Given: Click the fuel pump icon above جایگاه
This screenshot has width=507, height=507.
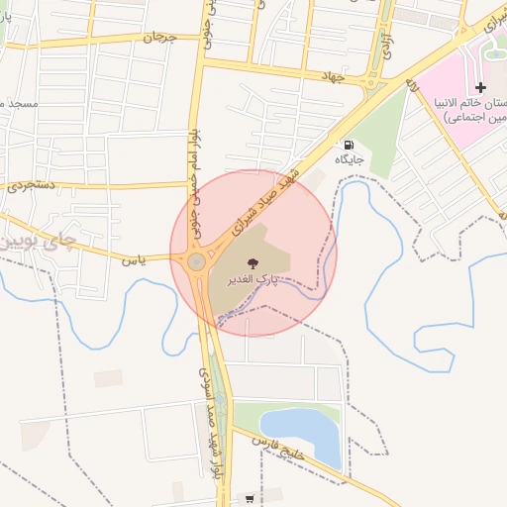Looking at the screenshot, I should point(349,145).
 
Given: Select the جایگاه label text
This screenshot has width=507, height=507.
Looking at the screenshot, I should point(349,159).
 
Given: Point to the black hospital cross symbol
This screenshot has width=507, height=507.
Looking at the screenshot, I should point(481,88).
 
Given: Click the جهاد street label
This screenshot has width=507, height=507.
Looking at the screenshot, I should point(330,76).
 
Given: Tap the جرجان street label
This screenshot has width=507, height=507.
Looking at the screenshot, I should point(157,38).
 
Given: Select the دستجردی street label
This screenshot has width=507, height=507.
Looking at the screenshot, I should point(31,185).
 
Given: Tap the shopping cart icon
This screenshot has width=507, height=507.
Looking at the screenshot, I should point(249,498).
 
